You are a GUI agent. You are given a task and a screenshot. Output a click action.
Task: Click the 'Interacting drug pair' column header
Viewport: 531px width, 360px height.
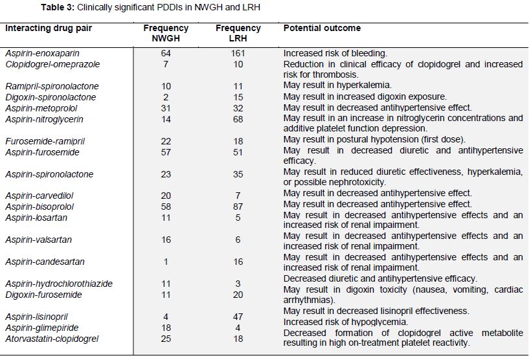point(49,28)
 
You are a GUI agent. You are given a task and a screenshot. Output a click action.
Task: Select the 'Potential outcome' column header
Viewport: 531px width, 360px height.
point(322,28)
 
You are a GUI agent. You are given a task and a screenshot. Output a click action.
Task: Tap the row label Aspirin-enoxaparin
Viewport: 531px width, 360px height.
point(42,54)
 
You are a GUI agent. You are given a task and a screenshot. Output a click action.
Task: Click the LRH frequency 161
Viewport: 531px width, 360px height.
point(238,54)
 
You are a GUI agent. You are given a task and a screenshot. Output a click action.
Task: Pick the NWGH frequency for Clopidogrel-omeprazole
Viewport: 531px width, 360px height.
point(166,64)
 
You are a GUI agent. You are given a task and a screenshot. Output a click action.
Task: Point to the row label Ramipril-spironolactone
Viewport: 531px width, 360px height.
point(52,86)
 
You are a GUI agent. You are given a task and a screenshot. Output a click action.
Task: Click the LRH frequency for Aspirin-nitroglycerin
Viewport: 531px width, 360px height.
point(238,119)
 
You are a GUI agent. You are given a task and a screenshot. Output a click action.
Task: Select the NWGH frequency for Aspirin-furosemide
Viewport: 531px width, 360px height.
point(166,152)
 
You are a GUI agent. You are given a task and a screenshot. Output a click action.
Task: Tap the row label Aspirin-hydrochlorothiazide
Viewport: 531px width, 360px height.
point(59,284)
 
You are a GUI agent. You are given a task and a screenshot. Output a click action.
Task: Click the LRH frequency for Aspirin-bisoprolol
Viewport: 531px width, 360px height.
point(238,207)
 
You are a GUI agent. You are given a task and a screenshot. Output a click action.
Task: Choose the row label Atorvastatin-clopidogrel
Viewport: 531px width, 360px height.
point(52,339)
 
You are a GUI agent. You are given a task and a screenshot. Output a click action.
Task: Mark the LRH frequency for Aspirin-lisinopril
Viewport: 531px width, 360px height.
point(238,317)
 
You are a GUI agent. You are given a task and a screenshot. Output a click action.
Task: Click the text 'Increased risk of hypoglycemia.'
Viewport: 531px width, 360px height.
point(346,322)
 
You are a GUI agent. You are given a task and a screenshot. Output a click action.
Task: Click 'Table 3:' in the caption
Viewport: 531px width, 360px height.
point(58,7)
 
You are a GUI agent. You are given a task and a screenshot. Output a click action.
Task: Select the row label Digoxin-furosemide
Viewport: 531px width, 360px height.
point(43,295)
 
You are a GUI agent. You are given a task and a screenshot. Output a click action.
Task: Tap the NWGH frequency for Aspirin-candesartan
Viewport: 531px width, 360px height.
point(166,262)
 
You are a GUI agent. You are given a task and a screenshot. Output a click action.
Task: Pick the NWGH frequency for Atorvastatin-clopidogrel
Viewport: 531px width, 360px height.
point(166,339)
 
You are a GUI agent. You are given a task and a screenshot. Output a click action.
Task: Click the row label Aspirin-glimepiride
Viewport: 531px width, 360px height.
point(41,328)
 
